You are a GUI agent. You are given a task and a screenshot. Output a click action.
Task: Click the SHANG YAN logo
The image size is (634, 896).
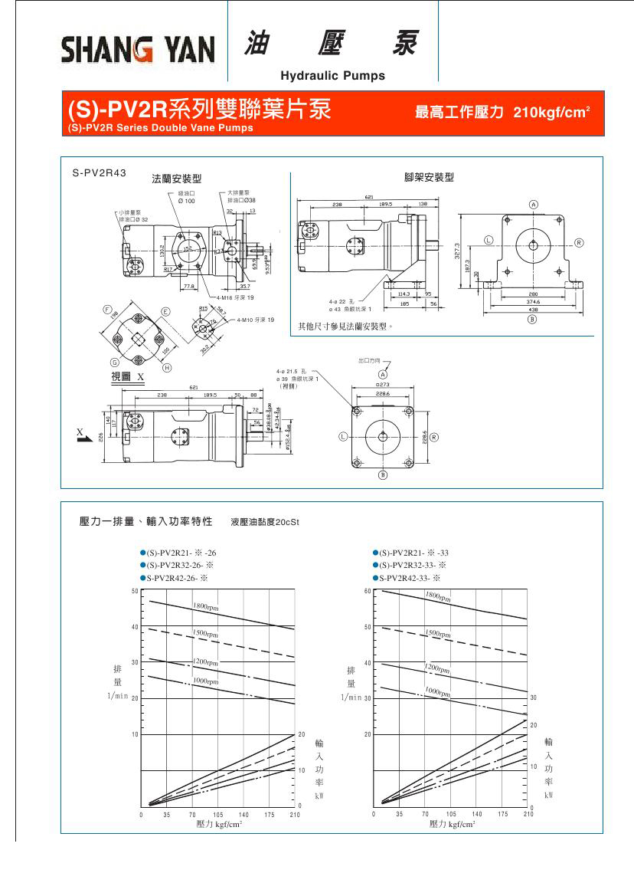[x=139, y=51]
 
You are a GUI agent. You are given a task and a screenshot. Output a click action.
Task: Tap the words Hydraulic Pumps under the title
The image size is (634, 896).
[x=333, y=76]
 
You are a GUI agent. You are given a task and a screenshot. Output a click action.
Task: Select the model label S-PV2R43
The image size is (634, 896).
[x=100, y=173]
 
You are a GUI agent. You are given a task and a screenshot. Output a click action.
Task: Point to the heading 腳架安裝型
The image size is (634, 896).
[x=429, y=177]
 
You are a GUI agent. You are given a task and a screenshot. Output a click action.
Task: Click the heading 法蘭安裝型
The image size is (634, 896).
[x=176, y=179]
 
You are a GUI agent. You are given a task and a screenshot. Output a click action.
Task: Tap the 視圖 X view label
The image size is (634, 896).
[x=127, y=377]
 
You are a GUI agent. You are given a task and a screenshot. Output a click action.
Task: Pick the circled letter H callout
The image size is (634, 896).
[x=167, y=367]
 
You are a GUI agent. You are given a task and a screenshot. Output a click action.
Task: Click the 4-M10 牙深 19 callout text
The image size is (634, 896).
[x=255, y=319]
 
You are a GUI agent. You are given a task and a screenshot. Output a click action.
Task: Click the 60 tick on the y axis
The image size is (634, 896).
[x=367, y=591]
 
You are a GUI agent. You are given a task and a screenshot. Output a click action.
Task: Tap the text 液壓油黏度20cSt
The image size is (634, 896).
[x=264, y=522]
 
